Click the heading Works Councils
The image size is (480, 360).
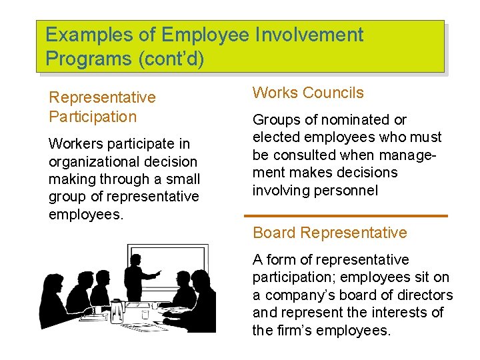click(308, 93)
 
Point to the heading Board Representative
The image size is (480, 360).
click(329, 233)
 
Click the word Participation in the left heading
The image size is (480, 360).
click(93, 117)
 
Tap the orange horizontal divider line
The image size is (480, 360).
click(346, 216)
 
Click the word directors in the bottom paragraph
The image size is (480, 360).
click(424, 295)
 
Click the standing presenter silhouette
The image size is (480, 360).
click(137, 277)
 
